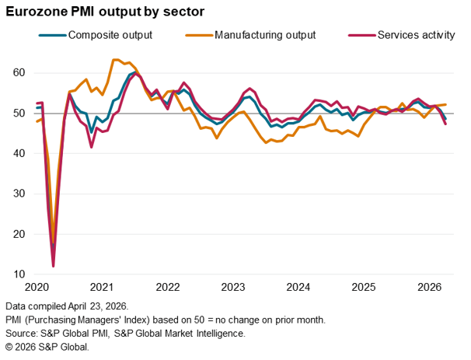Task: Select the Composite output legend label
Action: pyautogui.click(x=110, y=35)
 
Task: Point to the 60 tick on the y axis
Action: pyautogui.click(x=19, y=73)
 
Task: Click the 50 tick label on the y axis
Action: pyautogui.click(x=19, y=114)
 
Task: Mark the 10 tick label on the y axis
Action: pyautogui.click(x=19, y=274)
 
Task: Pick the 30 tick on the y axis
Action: pyautogui.click(x=19, y=194)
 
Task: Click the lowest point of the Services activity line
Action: pyautogui.click(x=53, y=267)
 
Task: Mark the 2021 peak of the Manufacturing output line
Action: pyautogui.click(x=115, y=59)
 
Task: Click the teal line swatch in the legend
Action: pyautogui.click(x=51, y=35)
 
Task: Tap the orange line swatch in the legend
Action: pyautogui.click(x=198, y=35)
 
